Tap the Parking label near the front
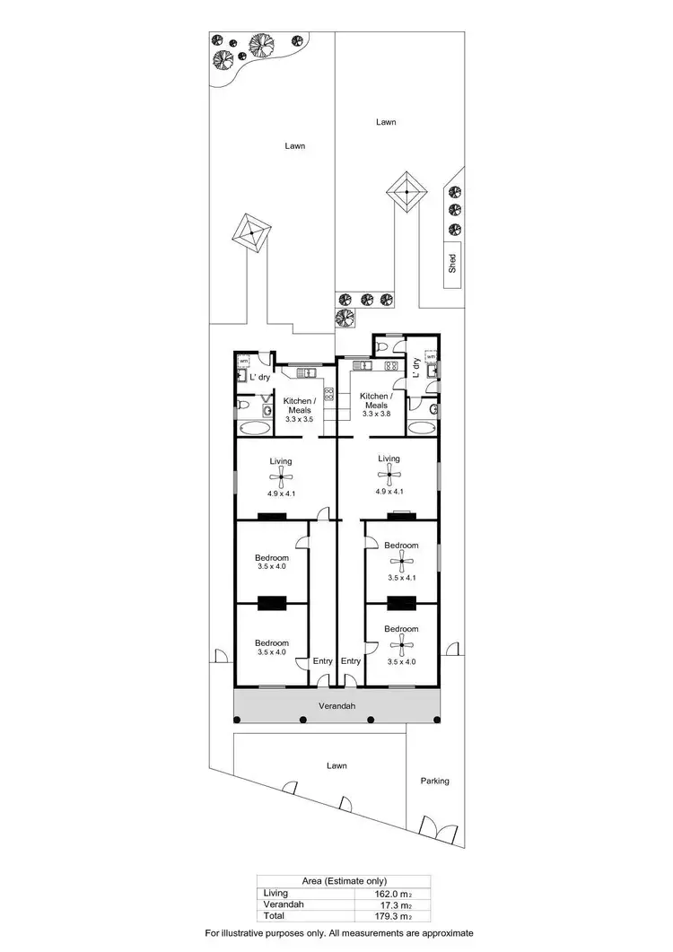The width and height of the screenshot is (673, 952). (434, 781)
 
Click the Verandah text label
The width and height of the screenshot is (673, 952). (336, 706)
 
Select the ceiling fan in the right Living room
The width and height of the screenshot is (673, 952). (389, 471)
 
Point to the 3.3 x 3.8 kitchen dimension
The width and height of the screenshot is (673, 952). (374, 414)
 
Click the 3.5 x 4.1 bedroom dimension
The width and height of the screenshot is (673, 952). (401, 578)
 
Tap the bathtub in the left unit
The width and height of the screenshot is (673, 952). (251, 428)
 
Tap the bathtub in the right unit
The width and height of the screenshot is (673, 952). (420, 427)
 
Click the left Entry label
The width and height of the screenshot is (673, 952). (322, 661)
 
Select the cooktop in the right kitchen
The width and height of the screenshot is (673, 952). (389, 366)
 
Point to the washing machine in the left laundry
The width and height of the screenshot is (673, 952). (242, 361)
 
